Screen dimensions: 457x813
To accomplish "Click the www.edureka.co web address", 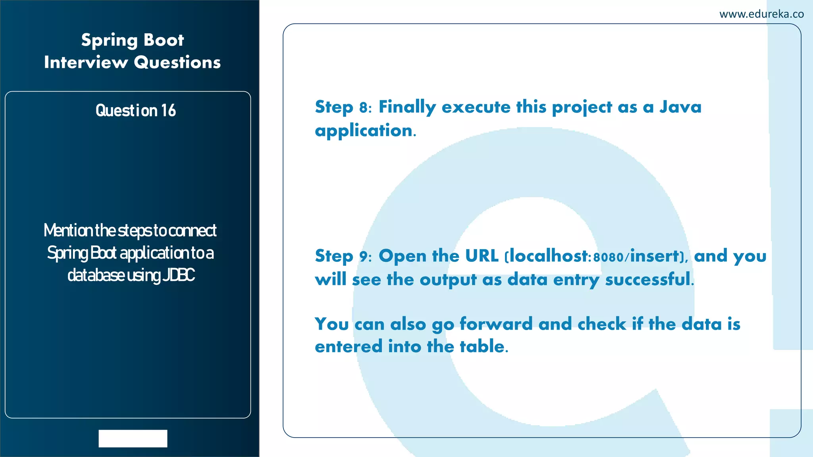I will pyautogui.click(x=761, y=14).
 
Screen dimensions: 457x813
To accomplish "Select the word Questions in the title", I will pyautogui.click(x=177, y=63).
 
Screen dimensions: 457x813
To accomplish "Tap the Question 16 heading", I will pyautogui.click(x=135, y=110).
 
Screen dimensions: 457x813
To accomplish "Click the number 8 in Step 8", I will pyautogui.click(x=364, y=108).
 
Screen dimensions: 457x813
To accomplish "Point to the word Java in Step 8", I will pyautogui.click(x=680, y=107).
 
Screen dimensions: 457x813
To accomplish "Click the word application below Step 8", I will pyautogui.click(x=364, y=131).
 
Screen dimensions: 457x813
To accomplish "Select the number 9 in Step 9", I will pyautogui.click(x=364, y=257).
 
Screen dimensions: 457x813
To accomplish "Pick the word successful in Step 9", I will pyautogui.click(x=648, y=279).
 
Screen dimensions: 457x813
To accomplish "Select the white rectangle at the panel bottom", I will pyautogui.click(x=133, y=438).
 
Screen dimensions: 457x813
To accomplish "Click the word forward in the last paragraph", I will pyautogui.click(x=496, y=324).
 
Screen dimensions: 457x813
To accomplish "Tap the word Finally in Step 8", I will pyautogui.click(x=407, y=107).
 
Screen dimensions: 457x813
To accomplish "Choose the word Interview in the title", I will pyautogui.click(x=86, y=63).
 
